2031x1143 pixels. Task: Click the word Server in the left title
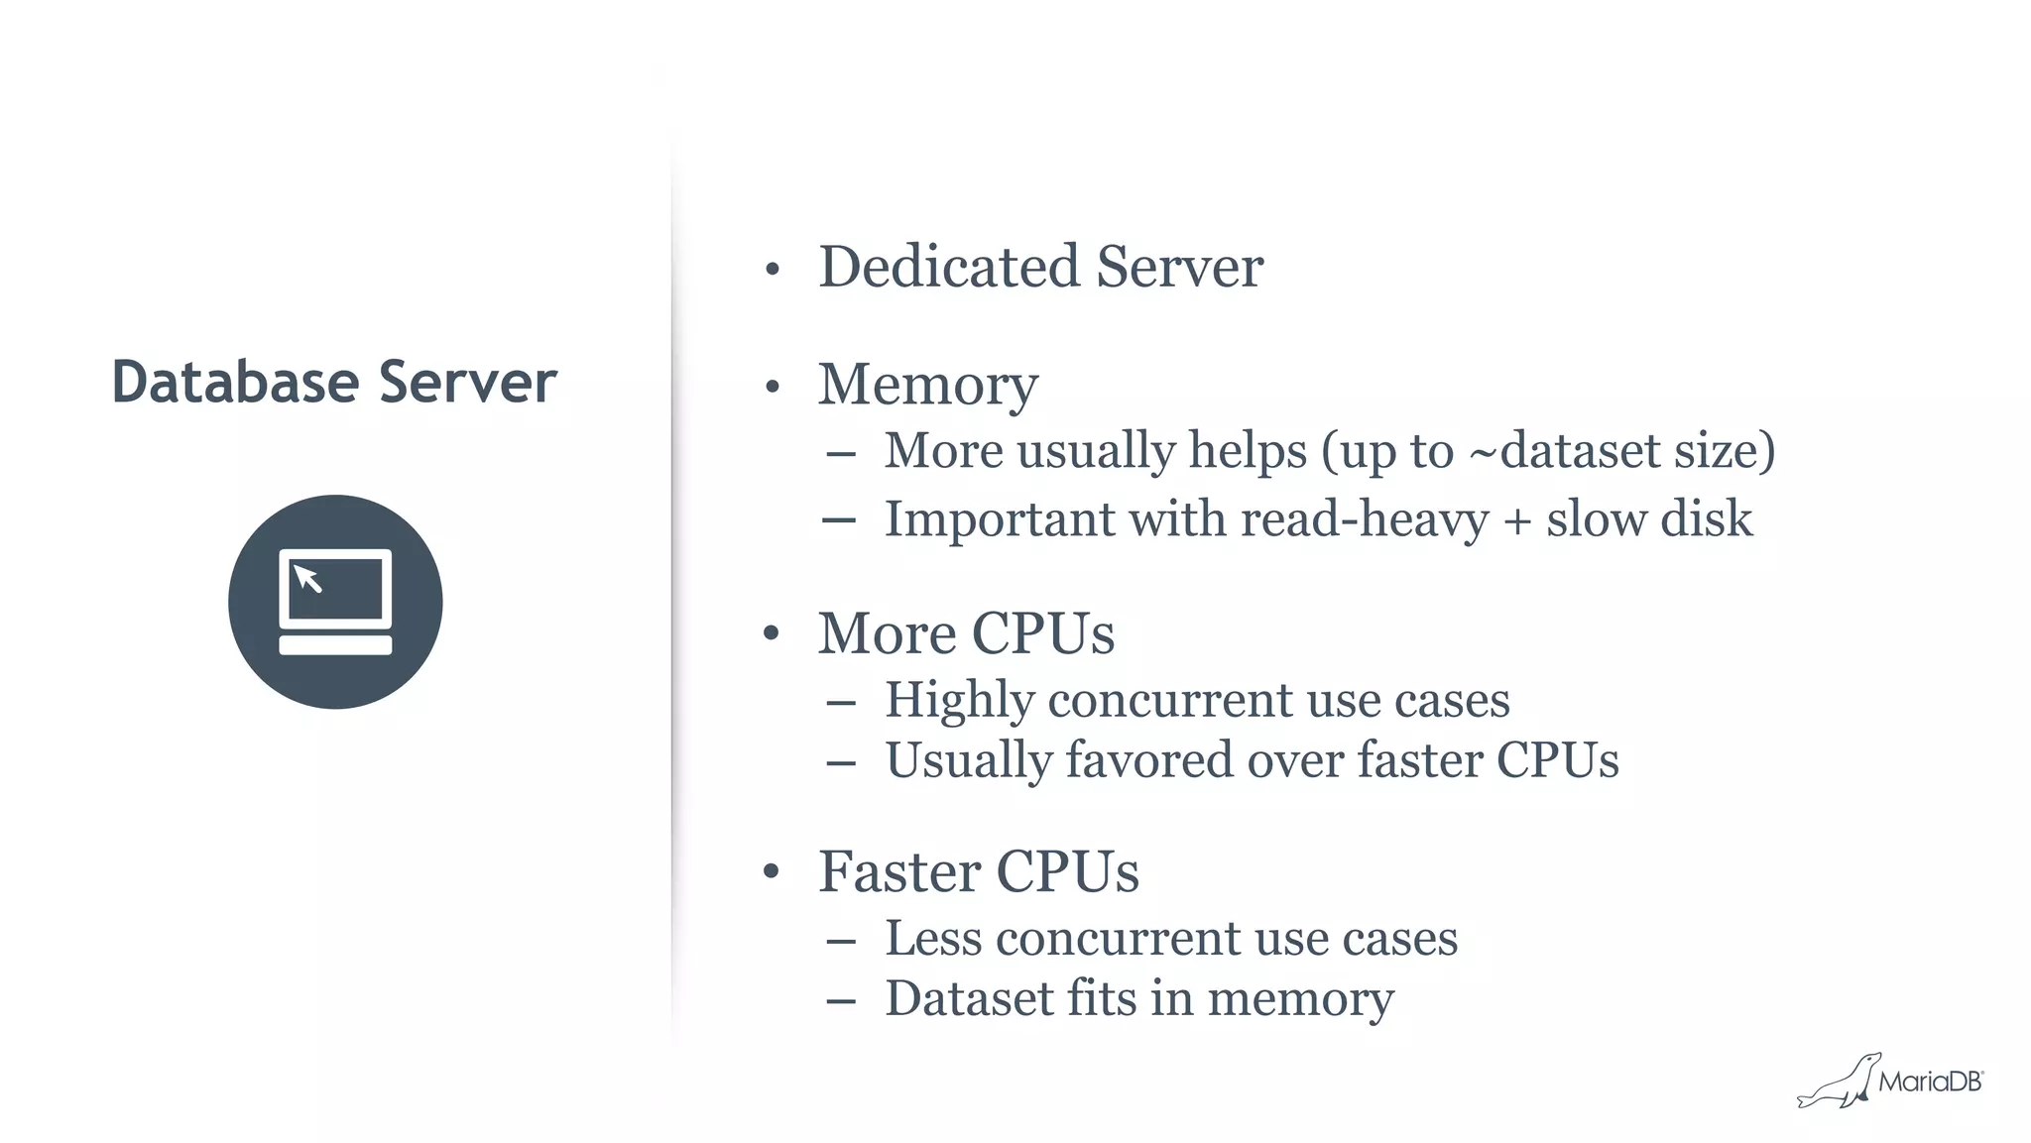[x=467, y=383]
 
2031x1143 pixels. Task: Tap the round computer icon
[x=335, y=602]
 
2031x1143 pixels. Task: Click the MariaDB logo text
[x=1930, y=1082]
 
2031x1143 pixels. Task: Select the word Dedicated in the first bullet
[x=948, y=267]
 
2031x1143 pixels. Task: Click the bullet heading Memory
[x=927, y=385]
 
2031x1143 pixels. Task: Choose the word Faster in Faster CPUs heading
[x=899, y=872]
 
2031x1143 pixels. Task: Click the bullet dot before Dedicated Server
[x=773, y=270]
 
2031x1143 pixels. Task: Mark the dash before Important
[x=839, y=519]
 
